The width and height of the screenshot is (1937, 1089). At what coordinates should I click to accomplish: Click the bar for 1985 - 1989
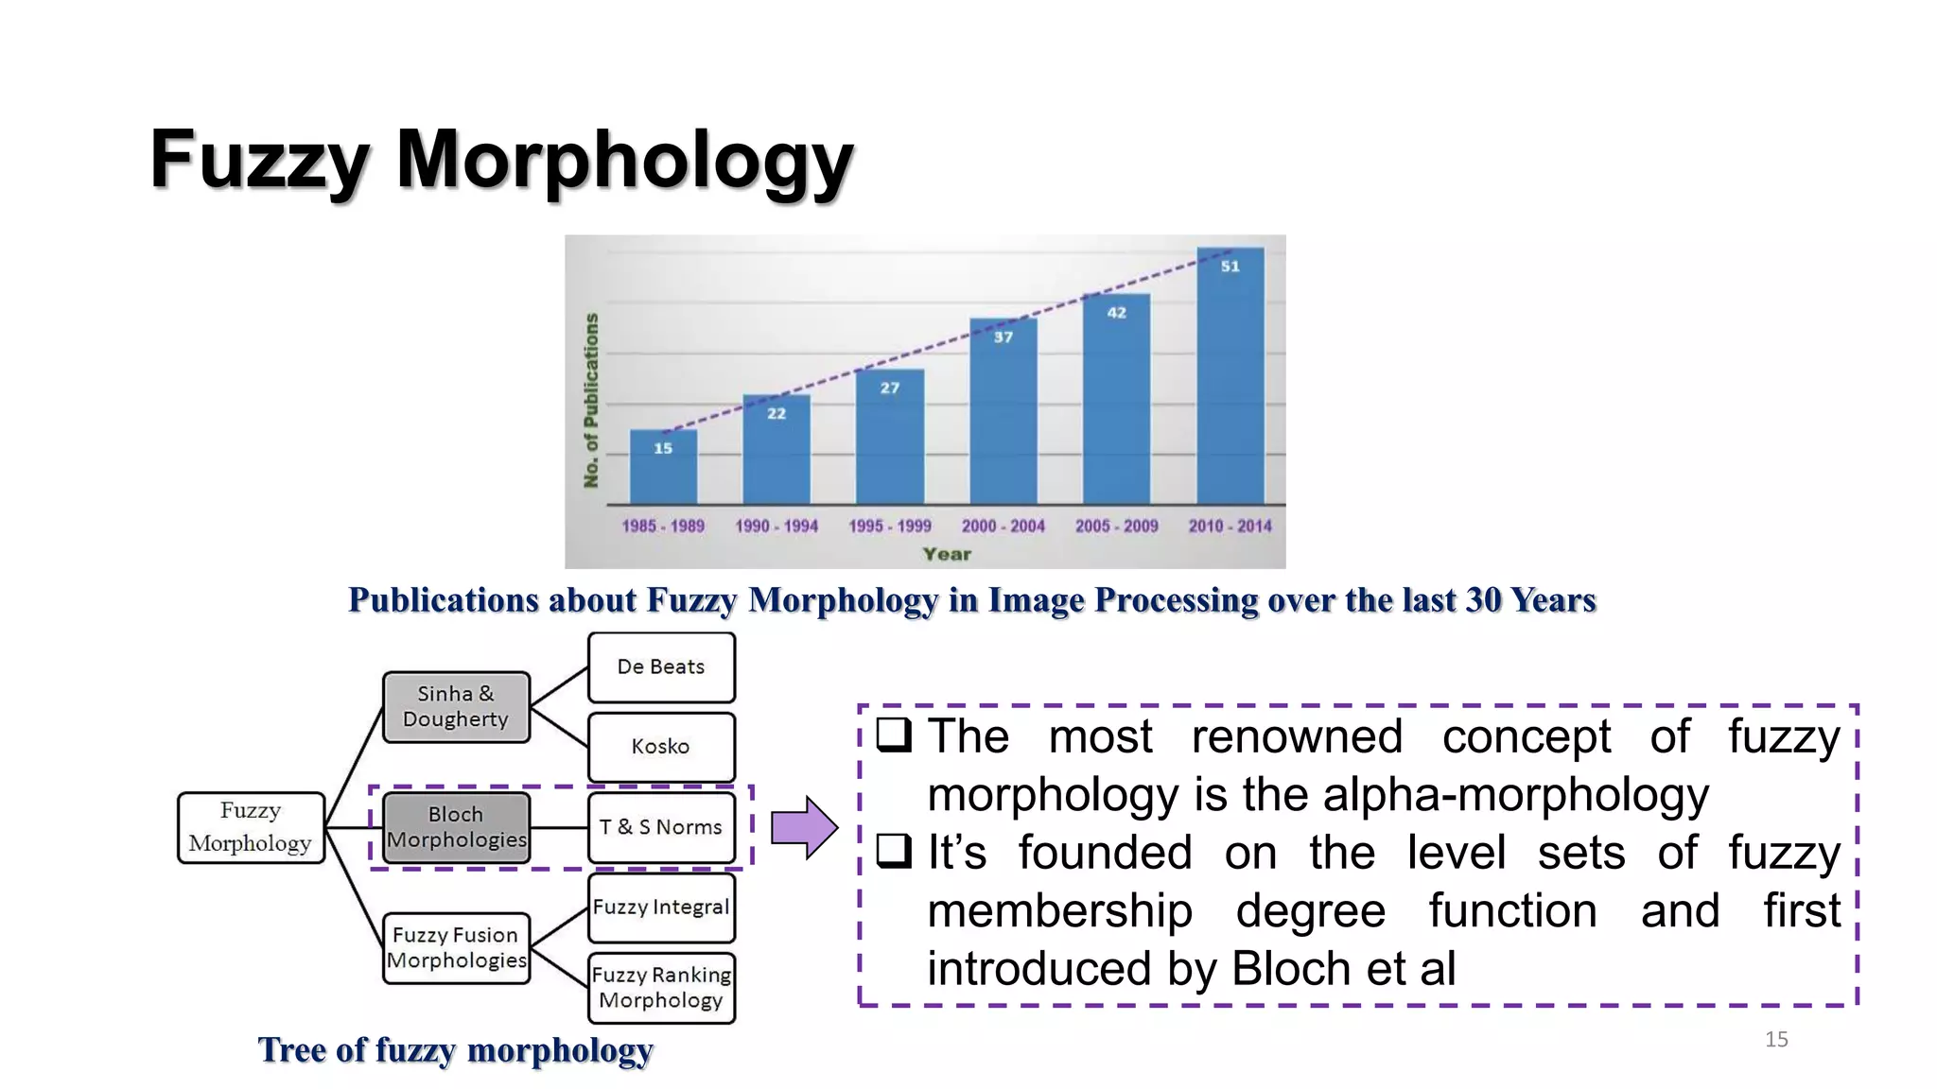pyautogui.click(x=663, y=467)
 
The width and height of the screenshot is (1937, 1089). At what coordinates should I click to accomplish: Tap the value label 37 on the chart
pyautogui.click(x=1003, y=337)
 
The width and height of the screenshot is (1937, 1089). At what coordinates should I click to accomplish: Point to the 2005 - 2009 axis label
pyautogui.click(x=1116, y=526)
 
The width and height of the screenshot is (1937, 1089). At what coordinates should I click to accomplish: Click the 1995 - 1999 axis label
pyautogui.click(x=889, y=526)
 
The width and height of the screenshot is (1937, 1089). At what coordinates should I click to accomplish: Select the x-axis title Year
pyautogui.click(x=947, y=554)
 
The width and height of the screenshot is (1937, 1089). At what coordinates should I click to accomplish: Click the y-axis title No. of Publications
pyautogui.click(x=592, y=400)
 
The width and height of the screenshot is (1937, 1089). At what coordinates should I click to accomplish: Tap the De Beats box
pyautogui.click(x=661, y=667)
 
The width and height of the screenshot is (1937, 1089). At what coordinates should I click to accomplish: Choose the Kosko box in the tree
pyautogui.click(x=661, y=747)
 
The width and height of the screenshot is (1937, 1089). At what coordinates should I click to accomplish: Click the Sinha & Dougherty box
pyautogui.click(x=456, y=707)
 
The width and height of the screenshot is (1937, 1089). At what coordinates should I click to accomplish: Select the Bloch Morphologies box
pyautogui.click(x=456, y=827)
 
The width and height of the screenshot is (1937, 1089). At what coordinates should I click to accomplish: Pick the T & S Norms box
pyautogui.click(x=661, y=827)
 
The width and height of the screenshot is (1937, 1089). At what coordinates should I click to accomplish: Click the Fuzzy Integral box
pyautogui.click(x=661, y=907)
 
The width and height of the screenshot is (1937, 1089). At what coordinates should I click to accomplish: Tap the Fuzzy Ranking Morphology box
pyautogui.click(x=661, y=988)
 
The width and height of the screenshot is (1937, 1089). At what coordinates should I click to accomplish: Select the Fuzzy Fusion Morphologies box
pyautogui.click(x=456, y=948)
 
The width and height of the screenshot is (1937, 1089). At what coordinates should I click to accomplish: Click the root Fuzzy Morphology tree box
pyautogui.click(x=251, y=827)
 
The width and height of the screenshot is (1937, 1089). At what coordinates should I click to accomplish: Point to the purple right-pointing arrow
pyautogui.click(x=804, y=827)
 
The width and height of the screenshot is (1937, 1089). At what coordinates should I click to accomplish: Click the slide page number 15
pyautogui.click(x=1776, y=1040)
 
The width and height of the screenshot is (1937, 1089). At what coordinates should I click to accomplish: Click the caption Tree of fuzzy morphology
pyautogui.click(x=455, y=1050)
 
